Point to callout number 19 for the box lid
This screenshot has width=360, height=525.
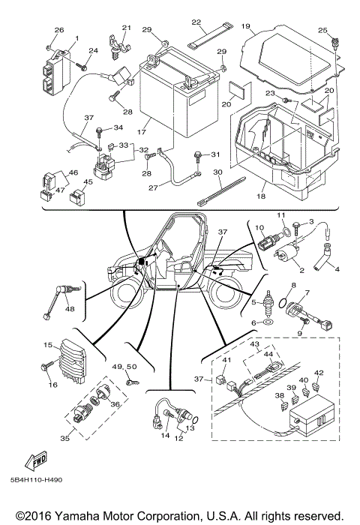pyautogui.click(x=245, y=25)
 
